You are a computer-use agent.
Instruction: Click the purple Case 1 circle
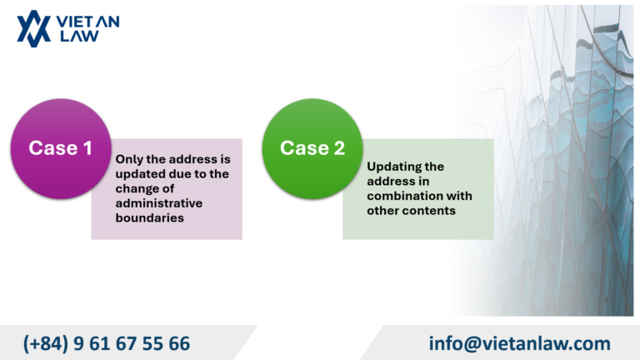[x=60, y=149]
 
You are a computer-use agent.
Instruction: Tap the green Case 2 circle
[x=312, y=149]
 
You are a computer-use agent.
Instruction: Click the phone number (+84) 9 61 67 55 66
[x=107, y=342]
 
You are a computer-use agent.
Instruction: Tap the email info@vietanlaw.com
[x=520, y=342]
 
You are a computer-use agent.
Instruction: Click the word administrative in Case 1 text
[x=159, y=202]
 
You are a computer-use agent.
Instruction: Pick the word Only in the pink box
[x=129, y=158]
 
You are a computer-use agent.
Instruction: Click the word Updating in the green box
[x=393, y=166]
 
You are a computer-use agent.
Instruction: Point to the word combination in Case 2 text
[x=402, y=196]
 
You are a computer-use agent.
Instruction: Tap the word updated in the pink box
[x=138, y=173]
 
